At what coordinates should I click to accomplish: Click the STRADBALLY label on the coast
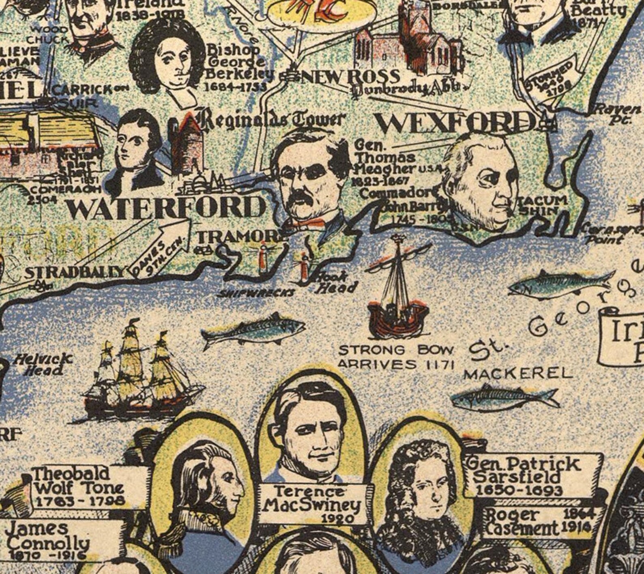(x=75, y=272)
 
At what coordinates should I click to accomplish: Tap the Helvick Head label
(x=43, y=364)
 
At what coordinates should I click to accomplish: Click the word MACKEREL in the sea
(x=518, y=374)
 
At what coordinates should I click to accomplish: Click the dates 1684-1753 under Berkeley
(x=235, y=86)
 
